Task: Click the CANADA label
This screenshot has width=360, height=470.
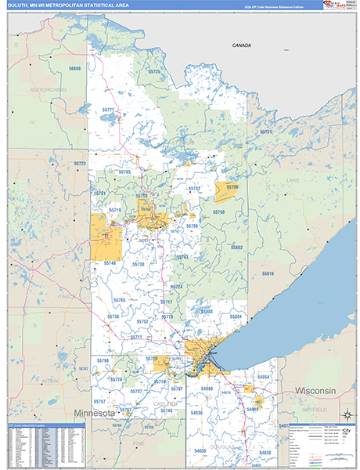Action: click(x=241, y=45)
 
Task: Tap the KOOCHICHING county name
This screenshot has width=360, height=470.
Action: click(x=48, y=89)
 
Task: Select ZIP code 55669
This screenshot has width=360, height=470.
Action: click(x=74, y=69)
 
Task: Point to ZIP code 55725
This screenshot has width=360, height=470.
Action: click(x=154, y=72)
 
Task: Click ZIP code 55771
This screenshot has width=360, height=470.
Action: click(x=109, y=109)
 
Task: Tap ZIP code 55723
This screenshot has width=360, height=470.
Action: click(x=80, y=164)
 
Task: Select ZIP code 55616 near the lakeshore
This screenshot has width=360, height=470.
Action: click(x=268, y=273)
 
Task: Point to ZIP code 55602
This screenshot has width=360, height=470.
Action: click(x=237, y=247)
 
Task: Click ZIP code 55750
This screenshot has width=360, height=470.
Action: click(x=218, y=212)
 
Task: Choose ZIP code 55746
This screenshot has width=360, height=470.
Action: click(x=109, y=263)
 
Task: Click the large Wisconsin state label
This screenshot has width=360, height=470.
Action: click(x=315, y=390)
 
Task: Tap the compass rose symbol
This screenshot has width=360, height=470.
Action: click(x=344, y=413)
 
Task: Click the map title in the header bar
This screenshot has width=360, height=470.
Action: click(x=70, y=5)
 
